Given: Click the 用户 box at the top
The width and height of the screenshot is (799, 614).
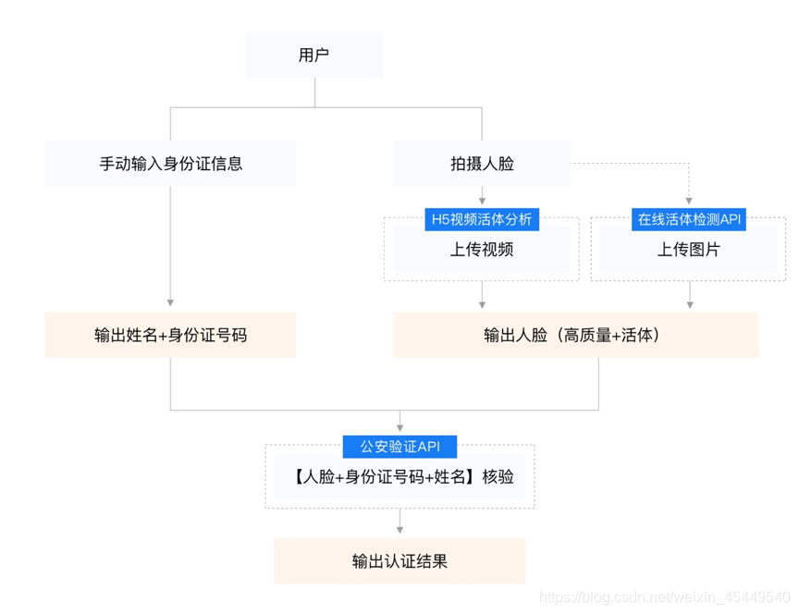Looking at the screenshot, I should (x=313, y=55).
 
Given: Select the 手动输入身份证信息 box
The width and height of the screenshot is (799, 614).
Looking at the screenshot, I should (x=170, y=164).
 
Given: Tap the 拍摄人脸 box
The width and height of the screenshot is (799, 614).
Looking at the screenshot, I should (x=481, y=164).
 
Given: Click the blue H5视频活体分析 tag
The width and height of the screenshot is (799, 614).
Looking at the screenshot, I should (x=481, y=219).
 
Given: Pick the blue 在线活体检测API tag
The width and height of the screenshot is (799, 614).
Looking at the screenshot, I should (x=689, y=219).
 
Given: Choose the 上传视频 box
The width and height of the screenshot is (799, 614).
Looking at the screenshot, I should (x=481, y=249).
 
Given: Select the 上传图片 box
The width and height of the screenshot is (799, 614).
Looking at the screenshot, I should (x=689, y=249).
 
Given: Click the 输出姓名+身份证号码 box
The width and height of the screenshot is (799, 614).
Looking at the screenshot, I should (x=170, y=335).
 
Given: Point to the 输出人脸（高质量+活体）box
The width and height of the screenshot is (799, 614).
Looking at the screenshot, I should (x=575, y=335).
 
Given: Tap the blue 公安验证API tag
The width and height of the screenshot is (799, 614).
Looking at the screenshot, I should (x=399, y=447).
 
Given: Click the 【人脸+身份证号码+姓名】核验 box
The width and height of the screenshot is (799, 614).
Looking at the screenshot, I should (x=399, y=477).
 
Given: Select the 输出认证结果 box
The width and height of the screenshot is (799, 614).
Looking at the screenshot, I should (x=399, y=561).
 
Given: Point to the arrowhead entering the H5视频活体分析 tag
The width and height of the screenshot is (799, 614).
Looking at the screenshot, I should (x=481, y=201).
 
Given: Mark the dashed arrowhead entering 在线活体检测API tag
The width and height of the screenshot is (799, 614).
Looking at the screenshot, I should (x=689, y=201).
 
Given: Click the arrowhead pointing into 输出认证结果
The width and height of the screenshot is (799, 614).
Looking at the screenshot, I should (x=399, y=530).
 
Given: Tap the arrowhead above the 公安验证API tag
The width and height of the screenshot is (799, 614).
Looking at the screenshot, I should (x=399, y=428).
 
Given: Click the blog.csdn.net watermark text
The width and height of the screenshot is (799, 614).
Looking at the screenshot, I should (x=664, y=598).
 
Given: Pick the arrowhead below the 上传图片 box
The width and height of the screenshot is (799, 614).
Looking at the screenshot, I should (x=689, y=303).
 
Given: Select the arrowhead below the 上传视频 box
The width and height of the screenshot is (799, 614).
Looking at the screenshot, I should (x=481, y=303).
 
